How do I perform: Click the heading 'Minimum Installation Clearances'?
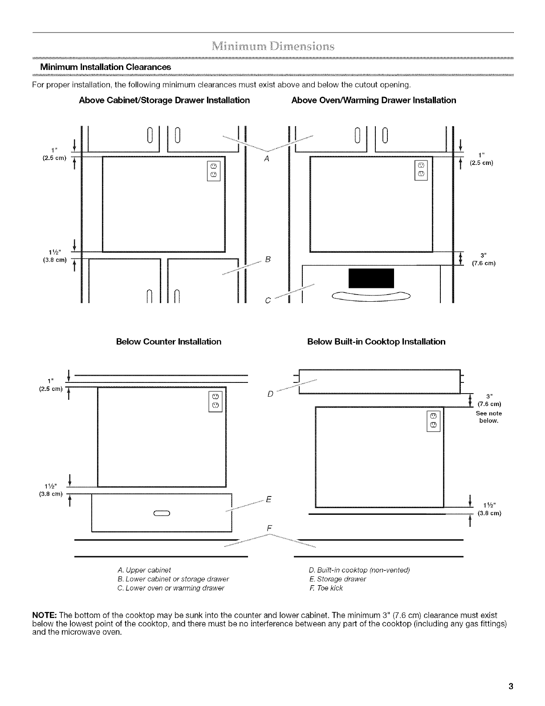pyautogui.click(x=105, y=67)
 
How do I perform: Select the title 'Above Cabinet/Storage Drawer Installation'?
pyautogui.click(x=164, y=100)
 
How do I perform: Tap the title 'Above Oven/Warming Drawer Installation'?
pyautogui.click(x=374, y=100)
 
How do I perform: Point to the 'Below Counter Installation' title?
pyautogui.click(x=168, y=342)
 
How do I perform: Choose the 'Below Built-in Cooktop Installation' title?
pyautogui.click(x=376, y=342)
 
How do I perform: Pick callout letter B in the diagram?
pyautogui.click(x=268, y=259)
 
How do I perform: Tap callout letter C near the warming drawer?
pyautogui.click(x=267, y=300)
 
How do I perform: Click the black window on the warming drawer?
pyautogui.click(x=372, y=279)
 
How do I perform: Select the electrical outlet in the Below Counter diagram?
pyautogui.click(x=215, y=401)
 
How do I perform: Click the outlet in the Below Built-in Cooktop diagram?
pyautogui.click(x=434, y=421)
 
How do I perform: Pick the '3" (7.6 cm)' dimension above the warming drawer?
pyautogui.click(x=484, y=259)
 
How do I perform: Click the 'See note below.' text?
pyautogui.click(x=488, y=417)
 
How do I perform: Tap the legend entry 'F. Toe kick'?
pyautogui.click(x=325, y=588)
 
